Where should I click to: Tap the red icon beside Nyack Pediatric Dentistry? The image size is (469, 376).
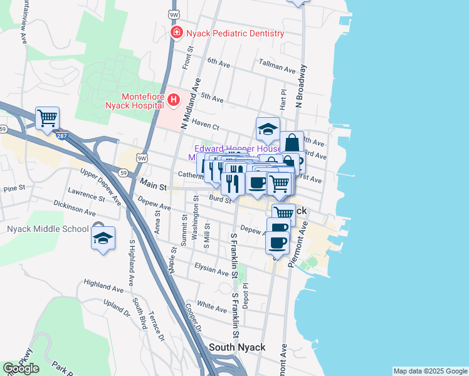tap(177, 33)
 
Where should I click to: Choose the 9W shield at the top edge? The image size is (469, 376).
tap(173, 13)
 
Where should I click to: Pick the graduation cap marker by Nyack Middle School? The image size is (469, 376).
tap(103, 238)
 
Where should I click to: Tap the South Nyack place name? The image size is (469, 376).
tap(237, 347)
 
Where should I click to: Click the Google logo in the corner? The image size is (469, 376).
tap(21, 368)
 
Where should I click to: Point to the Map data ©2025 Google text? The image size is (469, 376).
tap(430, 371)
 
